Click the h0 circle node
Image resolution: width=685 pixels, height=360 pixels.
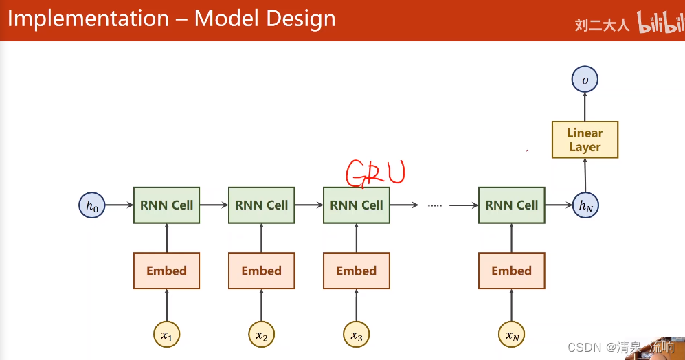(92, 205)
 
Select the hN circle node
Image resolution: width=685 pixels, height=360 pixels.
(585, 205)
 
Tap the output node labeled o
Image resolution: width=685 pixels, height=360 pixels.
(585, 80)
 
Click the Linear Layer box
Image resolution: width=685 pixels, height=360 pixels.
(585, 140)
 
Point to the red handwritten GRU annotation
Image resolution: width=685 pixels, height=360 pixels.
(375, 173)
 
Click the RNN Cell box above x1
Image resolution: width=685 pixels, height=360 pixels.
(166, 205)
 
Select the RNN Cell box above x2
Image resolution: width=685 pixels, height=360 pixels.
(261, 205)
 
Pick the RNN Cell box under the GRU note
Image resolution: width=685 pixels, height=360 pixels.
(356, 205)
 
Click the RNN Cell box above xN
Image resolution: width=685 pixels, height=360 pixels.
(511, 205)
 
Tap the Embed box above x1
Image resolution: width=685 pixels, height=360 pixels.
(166, 271)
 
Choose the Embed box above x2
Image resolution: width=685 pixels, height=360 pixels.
(261, 271)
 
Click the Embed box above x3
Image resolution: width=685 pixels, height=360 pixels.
(356, 271)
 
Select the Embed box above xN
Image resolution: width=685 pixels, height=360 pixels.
(511, 271)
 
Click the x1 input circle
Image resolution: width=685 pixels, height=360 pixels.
(166, 335)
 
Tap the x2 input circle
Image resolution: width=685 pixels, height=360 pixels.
(261, 335)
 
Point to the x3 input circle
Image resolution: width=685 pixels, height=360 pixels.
(356, 335)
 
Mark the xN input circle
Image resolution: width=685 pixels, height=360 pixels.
(511, 335)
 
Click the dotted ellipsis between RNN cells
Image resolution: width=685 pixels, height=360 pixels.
(434, 205)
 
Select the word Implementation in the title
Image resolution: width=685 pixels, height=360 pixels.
(88, 19)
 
